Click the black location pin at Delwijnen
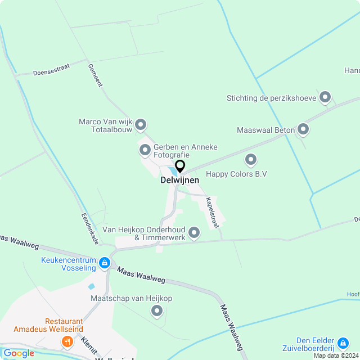(180, 166)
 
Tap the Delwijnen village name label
(180, 181)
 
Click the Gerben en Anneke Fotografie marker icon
(145, 150)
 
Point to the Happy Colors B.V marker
(251, 160)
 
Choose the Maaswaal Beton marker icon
(303, 130)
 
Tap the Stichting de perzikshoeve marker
(325, 98)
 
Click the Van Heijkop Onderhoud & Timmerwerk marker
(194, 232)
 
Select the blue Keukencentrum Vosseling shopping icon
(104, 263)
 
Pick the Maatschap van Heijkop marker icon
(157, 310)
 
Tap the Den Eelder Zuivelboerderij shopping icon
(343, 341)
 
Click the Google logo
(18, 353)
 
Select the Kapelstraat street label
(211, 212)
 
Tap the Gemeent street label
(95, 75)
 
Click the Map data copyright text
(336, 355)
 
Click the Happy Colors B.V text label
(236, 174)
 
